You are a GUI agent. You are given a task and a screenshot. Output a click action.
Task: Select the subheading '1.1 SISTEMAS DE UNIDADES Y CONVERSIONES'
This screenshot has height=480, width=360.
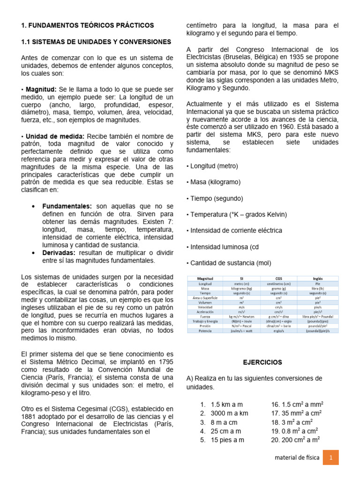tap(96, 42)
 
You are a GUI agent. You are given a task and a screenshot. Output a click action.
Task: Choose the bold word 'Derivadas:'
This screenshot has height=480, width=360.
tap(60, 253)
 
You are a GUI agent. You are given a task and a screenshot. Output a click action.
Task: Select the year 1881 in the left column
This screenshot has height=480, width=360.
tap(30, 416)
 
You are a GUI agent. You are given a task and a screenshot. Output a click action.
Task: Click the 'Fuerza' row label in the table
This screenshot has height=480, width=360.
tap(205, 316)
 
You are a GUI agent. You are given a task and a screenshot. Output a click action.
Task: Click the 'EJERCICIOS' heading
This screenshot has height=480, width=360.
tap(262, 362)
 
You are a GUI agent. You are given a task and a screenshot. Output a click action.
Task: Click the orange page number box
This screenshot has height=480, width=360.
tap(330, 457)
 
